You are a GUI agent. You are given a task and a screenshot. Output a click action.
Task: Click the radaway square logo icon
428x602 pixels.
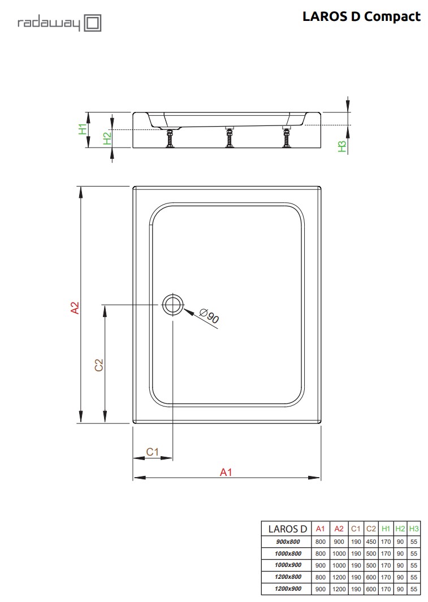[x=93, y=23]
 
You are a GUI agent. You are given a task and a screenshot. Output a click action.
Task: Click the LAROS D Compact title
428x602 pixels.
[x=361, y=16]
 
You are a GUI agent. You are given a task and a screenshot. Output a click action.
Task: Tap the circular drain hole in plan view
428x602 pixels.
[x=173, y=305]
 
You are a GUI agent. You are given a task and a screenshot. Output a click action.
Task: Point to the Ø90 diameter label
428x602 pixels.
[x=210, y=316]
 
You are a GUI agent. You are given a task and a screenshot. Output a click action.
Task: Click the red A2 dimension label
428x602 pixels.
[x=75, y=308]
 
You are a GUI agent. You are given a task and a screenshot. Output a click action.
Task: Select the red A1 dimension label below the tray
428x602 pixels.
[x=226, y=472]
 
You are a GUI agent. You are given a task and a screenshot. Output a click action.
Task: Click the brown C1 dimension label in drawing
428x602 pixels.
[x=153, y=452]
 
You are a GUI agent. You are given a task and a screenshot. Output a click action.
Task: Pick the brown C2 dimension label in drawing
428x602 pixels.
[x=99, y=365]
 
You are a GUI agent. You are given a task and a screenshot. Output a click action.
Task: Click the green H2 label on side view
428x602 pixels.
[x=107, y=138]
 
